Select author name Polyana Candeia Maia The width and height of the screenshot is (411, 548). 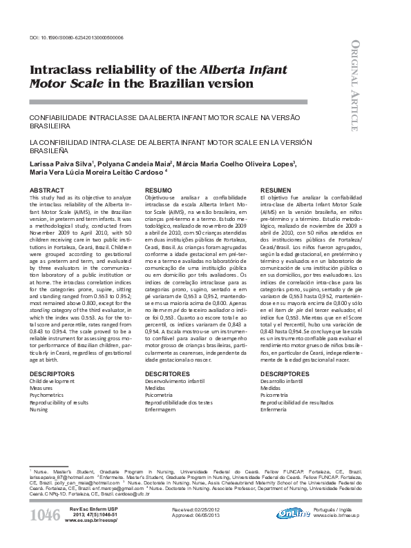131,164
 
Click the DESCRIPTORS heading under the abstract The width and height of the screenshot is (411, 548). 52,373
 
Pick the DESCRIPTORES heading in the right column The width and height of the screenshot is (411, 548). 285,373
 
